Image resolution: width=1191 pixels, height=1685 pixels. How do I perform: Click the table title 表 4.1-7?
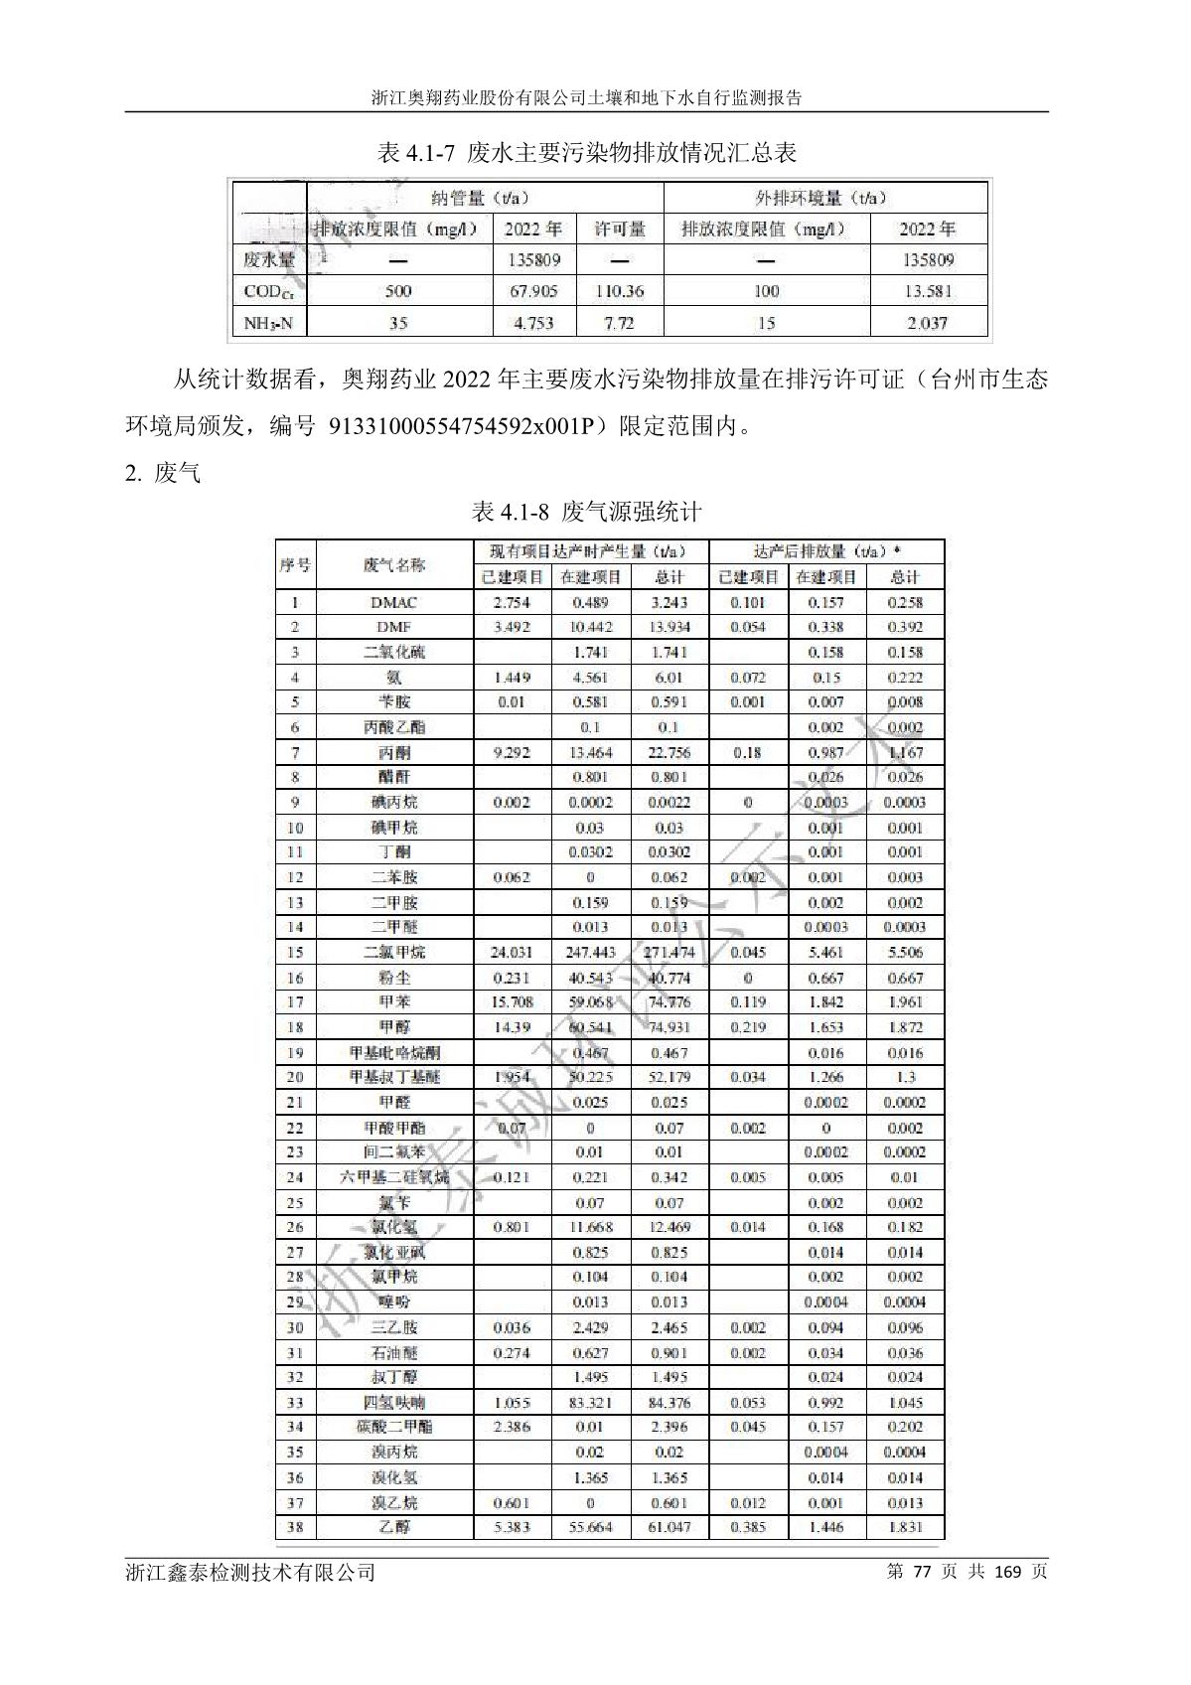click(x=587, y=153)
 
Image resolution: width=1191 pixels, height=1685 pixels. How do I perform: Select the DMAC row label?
click(x=393, y=602)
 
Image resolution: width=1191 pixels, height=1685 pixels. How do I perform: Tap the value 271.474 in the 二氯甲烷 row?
click(x=670, y=952)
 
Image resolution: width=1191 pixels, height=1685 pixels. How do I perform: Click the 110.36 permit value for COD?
click(x=620, y=291)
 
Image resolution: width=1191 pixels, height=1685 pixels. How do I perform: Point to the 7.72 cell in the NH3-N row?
click(x=620, y=323)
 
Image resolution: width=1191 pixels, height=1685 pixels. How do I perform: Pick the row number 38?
click(x=295, y=1527)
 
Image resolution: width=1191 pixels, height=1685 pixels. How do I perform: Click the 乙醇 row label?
click(x=393, y=1527)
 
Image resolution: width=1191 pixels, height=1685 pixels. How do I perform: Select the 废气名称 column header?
click(x=393, y=564)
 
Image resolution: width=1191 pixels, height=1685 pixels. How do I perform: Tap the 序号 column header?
click(x=295, y=564)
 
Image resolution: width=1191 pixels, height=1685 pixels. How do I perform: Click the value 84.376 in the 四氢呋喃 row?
click(x=670, y=1403)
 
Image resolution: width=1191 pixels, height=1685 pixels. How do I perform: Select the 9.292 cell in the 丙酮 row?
click(x=512, y=753)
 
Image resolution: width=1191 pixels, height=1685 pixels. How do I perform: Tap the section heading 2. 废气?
click(x=162, y=474)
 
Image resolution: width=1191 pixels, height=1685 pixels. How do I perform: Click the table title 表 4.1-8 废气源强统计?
click(x=586, y=512)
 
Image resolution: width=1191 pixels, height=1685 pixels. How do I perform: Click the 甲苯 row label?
click(x=393, y=1001)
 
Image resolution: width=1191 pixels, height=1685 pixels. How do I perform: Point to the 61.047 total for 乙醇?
click(x=670, y=1527)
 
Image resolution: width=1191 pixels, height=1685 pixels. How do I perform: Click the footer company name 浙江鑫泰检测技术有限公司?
click(x=251, y=1572)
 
